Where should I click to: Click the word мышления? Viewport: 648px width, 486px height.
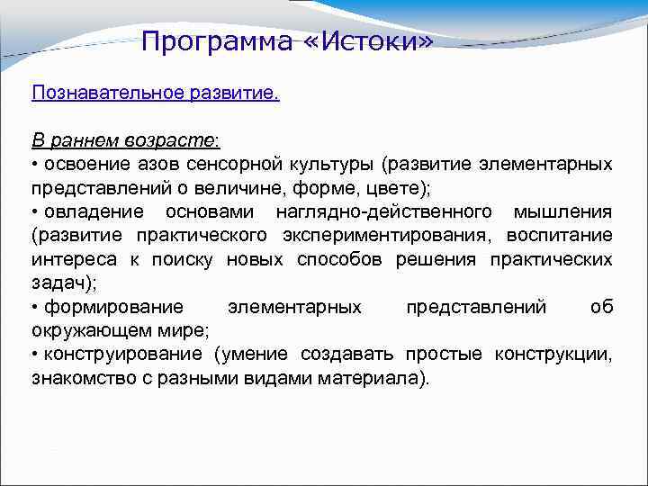562,211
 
